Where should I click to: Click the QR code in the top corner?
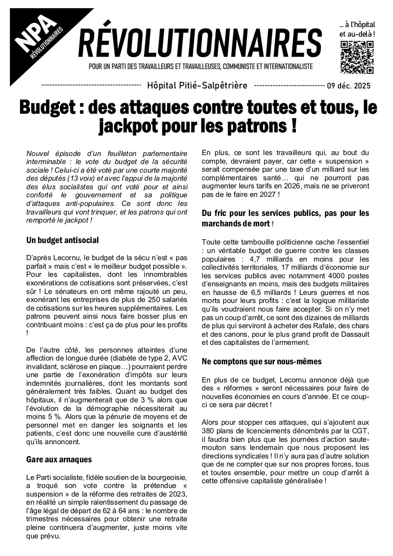click(357, 58)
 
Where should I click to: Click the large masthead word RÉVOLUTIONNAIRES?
click(200, 41)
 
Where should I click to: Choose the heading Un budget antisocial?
click(62, 240)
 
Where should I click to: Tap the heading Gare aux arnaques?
click(59, 459)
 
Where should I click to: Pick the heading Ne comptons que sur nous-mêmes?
click(261, 361)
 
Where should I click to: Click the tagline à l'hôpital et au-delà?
click(357, 29)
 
